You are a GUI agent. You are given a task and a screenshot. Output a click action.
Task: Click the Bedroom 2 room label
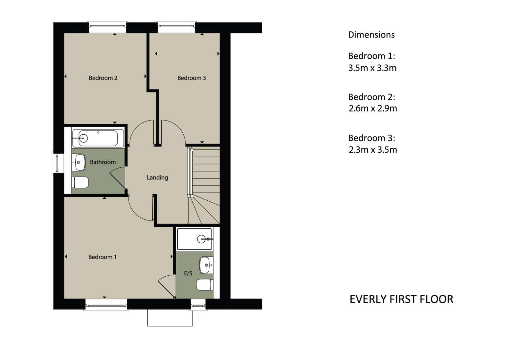coord(103,78)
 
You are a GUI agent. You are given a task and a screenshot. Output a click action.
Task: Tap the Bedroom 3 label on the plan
coord(192,78)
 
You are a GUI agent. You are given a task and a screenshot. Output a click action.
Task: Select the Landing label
coord(157,178)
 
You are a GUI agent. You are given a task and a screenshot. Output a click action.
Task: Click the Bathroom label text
coord(103,162)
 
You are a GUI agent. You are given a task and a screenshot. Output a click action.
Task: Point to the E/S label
coord(188,273)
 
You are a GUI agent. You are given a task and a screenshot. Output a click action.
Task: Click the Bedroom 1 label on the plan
coord(103,257)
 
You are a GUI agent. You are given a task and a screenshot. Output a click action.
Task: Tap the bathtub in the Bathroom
coord(98,138)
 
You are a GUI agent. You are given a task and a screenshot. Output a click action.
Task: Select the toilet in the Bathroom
coord(80,182)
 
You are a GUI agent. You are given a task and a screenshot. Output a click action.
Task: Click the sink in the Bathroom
coord(79,162)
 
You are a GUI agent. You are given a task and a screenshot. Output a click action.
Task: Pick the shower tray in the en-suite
coord(195,239)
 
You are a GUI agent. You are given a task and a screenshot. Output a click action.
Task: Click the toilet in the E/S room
coord(205,285)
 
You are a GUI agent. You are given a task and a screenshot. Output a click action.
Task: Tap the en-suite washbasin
coord(206,265)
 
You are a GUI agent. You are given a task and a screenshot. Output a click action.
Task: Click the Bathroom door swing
coord(118,178)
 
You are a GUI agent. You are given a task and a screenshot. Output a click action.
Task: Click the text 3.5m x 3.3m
coord(372,68)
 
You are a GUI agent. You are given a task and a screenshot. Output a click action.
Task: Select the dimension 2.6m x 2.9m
coord(373,108)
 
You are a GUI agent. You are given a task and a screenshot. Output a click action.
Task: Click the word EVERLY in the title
coord(368,299)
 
